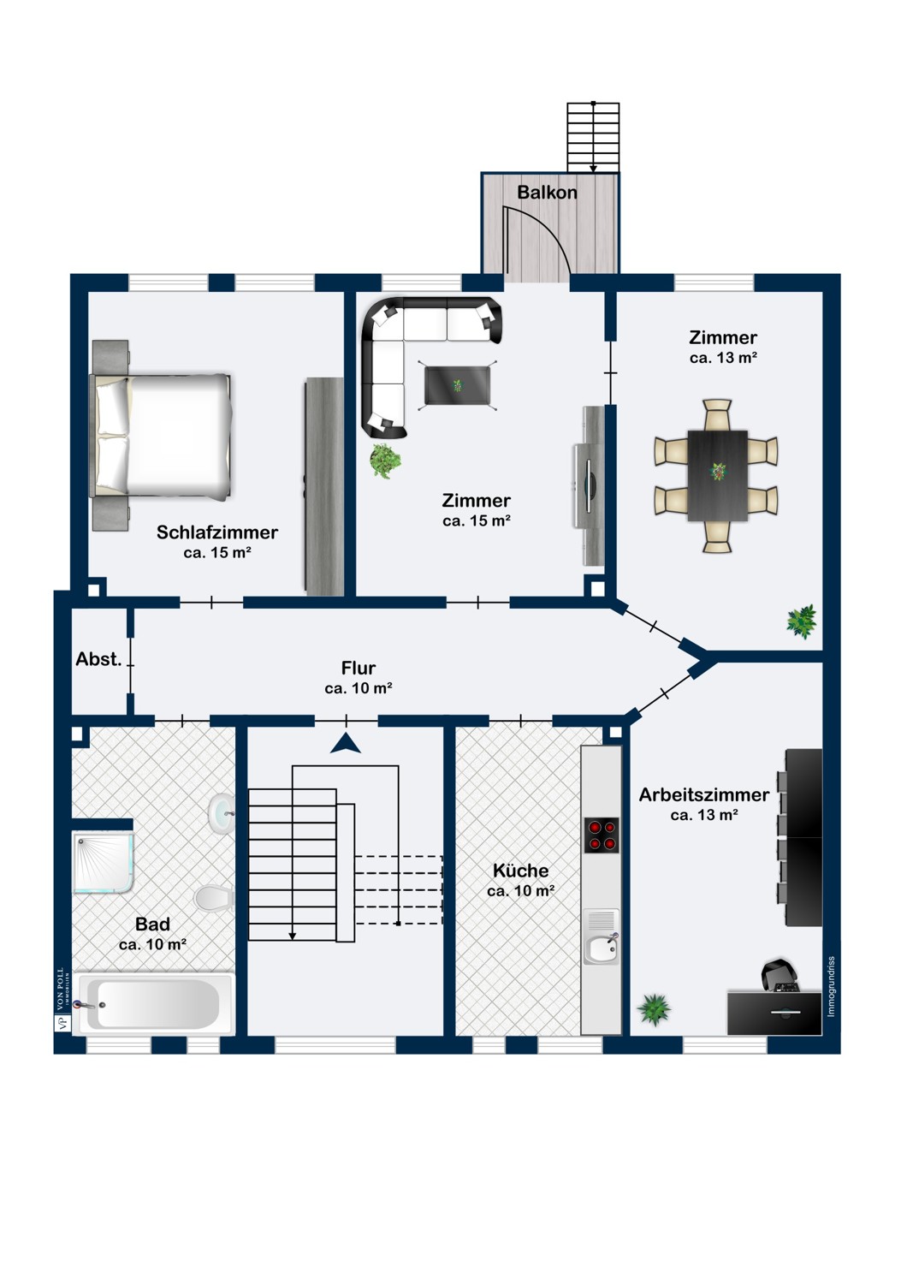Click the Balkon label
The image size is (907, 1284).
[547, 192]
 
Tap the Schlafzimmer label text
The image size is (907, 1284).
[217, 532]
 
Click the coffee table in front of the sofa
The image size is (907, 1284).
[457, 385]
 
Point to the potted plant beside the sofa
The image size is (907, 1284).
[386, 461]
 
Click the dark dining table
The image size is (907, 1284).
[717, 475]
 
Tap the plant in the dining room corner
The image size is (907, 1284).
[802, 621]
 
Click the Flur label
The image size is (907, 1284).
[359, 668]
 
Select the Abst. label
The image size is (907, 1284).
[98, 659]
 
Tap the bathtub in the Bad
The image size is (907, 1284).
[154, 1003]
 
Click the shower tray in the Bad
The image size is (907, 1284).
[104, 863]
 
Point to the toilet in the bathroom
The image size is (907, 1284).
[214, 898]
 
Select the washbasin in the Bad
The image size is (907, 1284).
[221, 813]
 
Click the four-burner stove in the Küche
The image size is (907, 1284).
[601, 835]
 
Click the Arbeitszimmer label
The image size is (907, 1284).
[704, 794]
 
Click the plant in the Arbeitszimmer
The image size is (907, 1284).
[654, 1008]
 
